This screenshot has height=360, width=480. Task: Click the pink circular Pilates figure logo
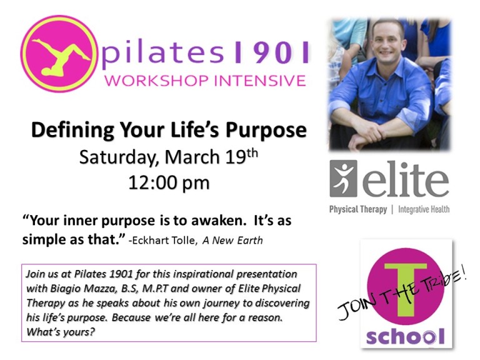click(57, 54)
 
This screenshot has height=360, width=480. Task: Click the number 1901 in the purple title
click(272, 52)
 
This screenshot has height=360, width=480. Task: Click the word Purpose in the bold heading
click(266, 131)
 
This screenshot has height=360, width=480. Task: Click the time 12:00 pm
click(169, 183)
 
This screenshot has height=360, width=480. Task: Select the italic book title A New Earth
click(232, 240)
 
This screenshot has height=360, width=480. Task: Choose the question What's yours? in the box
click(61, 332)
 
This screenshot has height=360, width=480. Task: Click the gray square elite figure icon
click(344, 179)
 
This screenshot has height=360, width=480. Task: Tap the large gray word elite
click(405, 180)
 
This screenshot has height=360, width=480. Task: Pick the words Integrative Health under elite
click(424, 209)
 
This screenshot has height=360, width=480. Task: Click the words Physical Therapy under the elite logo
click(358, 209)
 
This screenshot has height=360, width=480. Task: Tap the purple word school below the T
click(405, 336)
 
